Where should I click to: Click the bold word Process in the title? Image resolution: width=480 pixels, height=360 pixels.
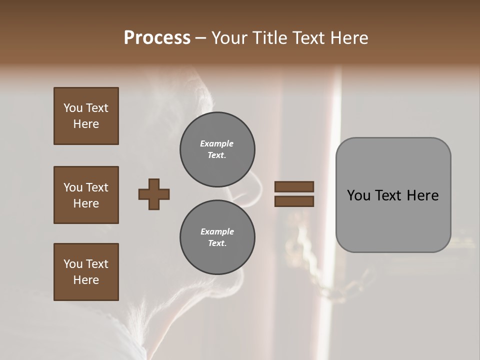157,38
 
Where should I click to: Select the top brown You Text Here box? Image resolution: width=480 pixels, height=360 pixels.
86,116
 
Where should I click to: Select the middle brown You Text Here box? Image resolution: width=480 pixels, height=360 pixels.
86,195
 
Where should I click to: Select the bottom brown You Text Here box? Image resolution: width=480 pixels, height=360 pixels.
86,272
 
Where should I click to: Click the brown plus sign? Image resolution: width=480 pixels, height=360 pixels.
154,194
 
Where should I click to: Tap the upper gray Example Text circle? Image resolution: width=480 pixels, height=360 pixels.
217,149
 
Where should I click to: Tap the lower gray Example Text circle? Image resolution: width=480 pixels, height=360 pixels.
217,237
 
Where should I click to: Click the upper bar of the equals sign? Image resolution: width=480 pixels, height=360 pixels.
294,186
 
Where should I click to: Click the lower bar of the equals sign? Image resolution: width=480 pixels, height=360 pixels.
294,201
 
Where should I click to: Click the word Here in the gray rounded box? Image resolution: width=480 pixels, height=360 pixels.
423,195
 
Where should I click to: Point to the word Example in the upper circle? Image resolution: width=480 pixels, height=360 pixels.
217,143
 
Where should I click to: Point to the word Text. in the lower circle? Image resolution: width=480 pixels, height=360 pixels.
217,243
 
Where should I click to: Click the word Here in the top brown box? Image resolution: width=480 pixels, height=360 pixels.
86,124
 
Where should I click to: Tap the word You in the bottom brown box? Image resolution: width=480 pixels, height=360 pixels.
73,264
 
